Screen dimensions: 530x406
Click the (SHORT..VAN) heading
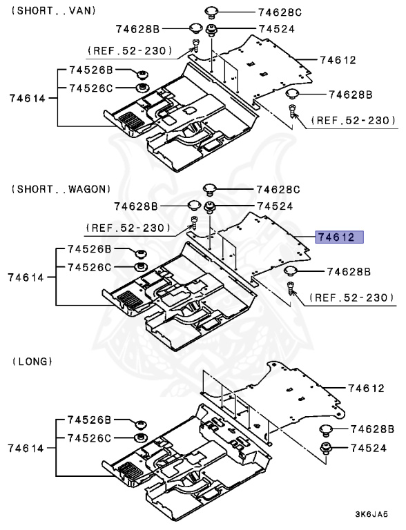coord(55,10)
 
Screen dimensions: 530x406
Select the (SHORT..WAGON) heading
coord(61,188)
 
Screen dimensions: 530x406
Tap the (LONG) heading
coord(32,361)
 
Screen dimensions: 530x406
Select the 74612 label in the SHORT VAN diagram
coord(338,60)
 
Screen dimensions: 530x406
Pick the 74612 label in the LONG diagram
coord(366,389)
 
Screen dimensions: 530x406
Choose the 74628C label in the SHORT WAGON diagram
coord(279,189)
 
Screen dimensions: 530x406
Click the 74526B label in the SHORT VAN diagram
coord(90,71)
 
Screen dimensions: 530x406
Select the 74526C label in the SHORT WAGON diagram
coord(90,266)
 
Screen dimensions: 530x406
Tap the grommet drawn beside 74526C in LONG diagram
coord(139,438)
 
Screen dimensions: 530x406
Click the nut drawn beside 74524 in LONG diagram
coord(325,449)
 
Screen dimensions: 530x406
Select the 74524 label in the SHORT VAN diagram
coord(277,29)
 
